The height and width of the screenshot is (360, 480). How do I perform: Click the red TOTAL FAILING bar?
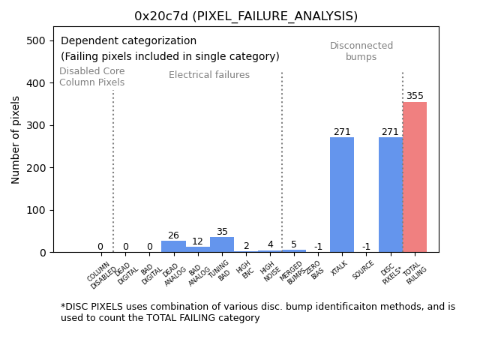tap(415, 177)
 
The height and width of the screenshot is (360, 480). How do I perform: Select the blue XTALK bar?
tap(342, 195)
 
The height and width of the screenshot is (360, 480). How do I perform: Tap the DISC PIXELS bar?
tap(390, 195)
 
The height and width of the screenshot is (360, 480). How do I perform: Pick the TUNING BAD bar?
tap(222, 245)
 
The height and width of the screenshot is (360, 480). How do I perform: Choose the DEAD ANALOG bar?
tap(173, 247)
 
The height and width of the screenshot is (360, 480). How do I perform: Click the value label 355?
tap(415, 96)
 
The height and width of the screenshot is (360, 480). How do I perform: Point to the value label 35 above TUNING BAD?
tap(222, 232)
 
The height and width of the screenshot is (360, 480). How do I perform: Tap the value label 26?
tap(173, 235)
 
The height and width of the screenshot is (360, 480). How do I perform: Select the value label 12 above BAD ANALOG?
tap(197, 241)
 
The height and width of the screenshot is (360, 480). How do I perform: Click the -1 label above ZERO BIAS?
tap(318, 247)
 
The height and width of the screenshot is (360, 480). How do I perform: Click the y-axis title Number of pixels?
tap(16, 139)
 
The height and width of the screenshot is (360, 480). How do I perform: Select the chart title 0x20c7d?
tap(246, 16)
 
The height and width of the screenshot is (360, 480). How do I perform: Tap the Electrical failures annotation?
tap(209, 75)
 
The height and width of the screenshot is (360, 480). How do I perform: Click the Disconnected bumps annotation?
tap(361, 51)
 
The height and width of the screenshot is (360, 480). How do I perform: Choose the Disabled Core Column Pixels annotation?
tap(92, 76)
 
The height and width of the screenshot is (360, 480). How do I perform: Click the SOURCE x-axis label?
tap(364, 269)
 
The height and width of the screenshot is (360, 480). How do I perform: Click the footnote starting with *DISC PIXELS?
tap(257, 312)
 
